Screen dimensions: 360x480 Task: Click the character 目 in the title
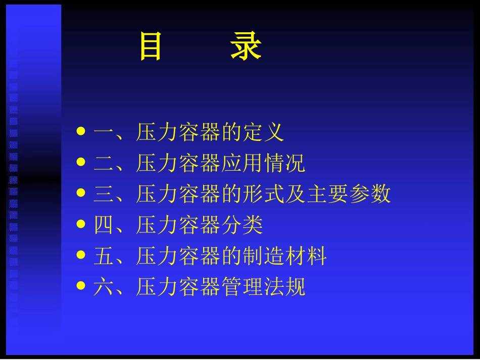pos(150,46)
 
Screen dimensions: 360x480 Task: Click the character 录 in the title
pos(246,46)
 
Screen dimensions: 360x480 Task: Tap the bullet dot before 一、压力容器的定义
pos(81,132)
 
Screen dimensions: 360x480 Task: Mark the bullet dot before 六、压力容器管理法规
pos(81,286)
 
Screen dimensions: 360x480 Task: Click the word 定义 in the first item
pos(263,132)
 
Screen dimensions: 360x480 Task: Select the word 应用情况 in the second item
pos(263,164)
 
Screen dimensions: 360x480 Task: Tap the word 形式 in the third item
pos(263,194)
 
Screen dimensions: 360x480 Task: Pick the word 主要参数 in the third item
pos(349,194)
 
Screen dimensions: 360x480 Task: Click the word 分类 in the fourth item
pos(242,225)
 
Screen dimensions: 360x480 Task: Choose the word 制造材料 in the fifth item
pos(284,256)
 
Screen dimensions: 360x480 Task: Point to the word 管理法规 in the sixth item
pos(263,287)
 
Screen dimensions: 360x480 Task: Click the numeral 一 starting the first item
pos(104,132)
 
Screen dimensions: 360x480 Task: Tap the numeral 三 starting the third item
pos(104,194)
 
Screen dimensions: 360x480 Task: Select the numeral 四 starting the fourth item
pos(104,225)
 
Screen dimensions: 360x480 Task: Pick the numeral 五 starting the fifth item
pos(104,256)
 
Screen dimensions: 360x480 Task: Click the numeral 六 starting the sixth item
pos(104,287)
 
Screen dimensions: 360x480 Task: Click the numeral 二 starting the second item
pos(104,164)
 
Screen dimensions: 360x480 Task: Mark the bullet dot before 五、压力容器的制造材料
pos(81,255)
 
